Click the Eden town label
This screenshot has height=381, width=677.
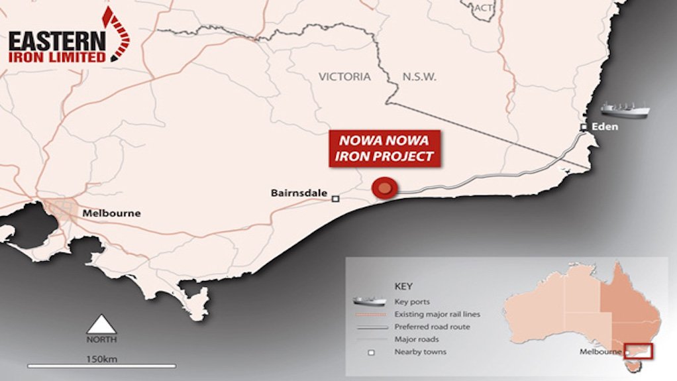pyautogui.click(x=605, y=127)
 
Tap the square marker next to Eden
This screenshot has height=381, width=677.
pyautogui.click(x=584, y=127)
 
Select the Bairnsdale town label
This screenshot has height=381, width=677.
pyautogui.click(x=299, y=193)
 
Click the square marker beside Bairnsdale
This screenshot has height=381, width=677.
pyautogui.click(x=336, y=198)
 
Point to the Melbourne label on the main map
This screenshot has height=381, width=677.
pyautogui.click(x=111, y=213)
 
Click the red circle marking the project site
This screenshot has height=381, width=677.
pyautogui.click(x=384, y=189)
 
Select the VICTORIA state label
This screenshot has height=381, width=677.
pyautogui.click(x=344, y=77)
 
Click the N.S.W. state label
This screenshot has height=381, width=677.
pyautogui.click(x=419, y=77)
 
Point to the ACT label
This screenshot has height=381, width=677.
pyautogui.click(x=483, y=7)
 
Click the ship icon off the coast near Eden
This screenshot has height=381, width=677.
pyautogui.click(x=625, y=109)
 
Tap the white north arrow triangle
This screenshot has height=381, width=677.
pyautogui.click(x=101, y=325)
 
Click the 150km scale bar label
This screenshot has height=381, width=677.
pyautogui.click(x=101, y=358)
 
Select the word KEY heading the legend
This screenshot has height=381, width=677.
pyautogui.click(x=403, y=287)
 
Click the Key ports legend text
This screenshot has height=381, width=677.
pyautogui.click(x=412, y=301)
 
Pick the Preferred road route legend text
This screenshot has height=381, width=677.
pyautogui.click(x=433, y=327)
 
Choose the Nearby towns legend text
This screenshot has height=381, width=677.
pyautogui.click(x=420, y=352)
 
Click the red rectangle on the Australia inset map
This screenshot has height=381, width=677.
pyautogui.click(x=641, y=351)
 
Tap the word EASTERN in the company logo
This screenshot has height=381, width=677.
pyautogui.click(x=56, y=42)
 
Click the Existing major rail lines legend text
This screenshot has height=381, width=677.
pyautogui.click(x=437, y=314)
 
